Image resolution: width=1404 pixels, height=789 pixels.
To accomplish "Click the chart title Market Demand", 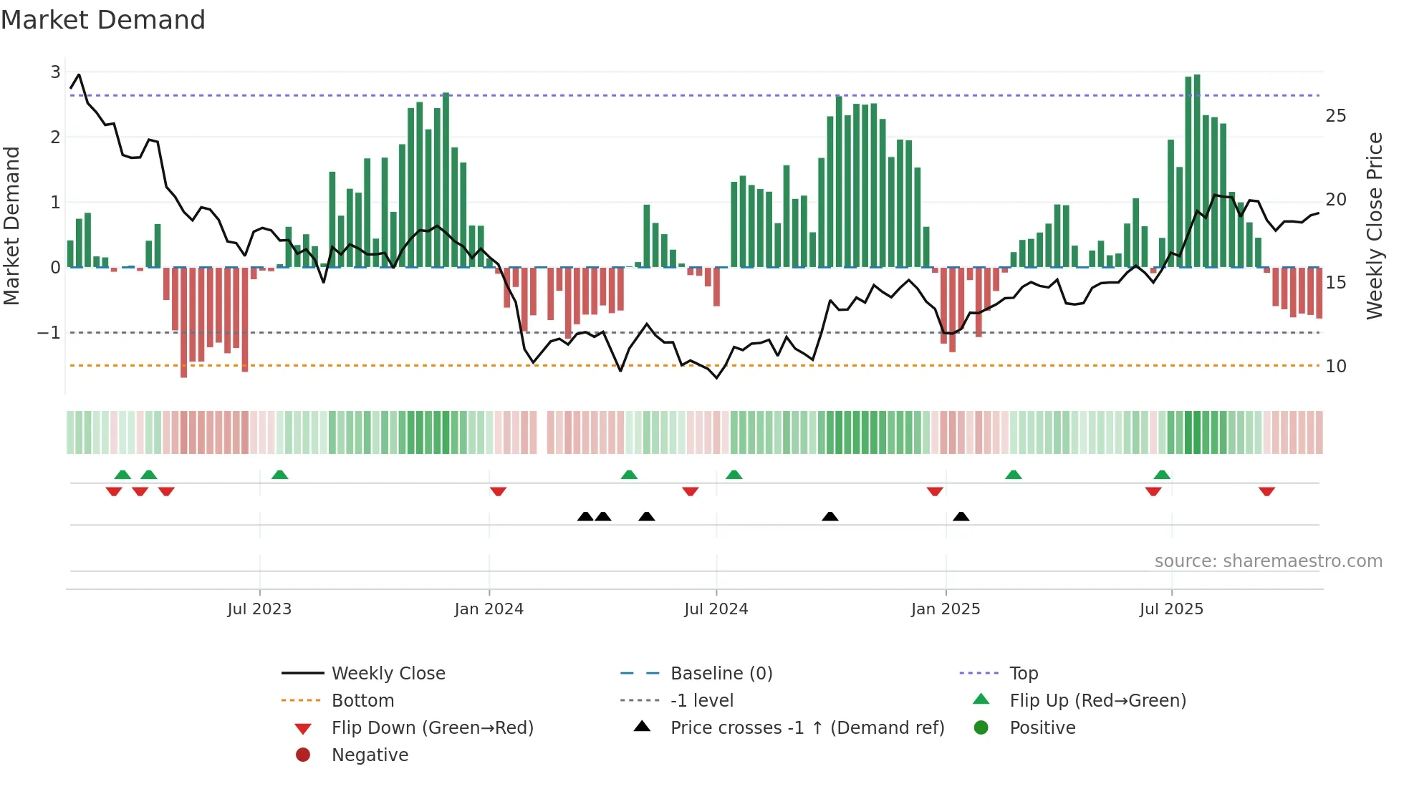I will [103, 20].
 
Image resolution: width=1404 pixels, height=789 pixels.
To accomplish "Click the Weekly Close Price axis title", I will [1374, 226].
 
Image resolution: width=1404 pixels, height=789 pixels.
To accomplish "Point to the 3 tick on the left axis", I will [55, 72].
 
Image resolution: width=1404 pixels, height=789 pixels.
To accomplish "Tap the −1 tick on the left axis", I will [49, 332].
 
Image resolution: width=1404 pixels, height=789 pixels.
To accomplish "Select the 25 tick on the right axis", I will [1335, 116].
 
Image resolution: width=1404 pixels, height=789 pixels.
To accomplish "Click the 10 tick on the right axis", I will [1335, 367].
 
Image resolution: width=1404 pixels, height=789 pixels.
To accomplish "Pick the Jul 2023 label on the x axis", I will [259, 609].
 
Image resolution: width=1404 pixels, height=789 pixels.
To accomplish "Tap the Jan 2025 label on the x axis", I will [946, 609].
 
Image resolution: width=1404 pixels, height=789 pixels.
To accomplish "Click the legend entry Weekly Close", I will [388, 674].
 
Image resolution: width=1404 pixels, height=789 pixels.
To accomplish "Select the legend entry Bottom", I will [362, 701].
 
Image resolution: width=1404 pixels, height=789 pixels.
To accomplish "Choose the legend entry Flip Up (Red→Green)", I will [1097, 701].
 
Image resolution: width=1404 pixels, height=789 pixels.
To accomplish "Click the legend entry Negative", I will [370, 755].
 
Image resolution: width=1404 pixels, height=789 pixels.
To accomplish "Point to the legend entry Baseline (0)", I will [721, 674].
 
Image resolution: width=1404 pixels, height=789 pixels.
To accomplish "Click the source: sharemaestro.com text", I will [1268, 561].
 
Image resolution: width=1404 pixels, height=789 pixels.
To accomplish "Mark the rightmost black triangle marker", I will [961, 516].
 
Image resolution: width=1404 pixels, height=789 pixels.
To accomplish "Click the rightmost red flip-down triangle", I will [1266, 491].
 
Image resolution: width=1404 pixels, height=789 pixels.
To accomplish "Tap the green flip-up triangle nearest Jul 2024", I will [734, 475].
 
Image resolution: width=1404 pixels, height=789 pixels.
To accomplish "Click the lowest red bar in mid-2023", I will [184, 322].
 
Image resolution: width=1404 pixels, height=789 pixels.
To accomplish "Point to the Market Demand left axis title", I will [11, 226].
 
